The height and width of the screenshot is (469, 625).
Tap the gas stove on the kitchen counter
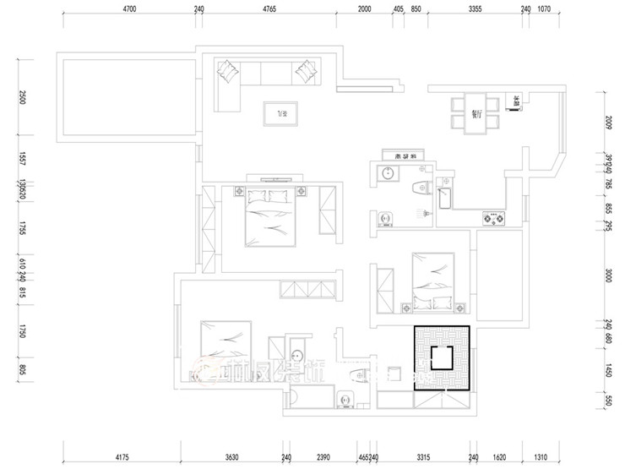(x=492, y=220)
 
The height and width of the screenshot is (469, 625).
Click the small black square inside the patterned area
(x=441, y=357)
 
